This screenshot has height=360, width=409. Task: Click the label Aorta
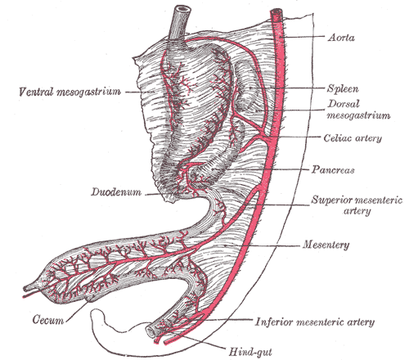(341, 37)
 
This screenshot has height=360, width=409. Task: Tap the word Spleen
(343, 89)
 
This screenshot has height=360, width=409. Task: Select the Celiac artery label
(353, 138)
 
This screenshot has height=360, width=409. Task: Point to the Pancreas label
(333, 169)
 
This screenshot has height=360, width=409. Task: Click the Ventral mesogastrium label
(70, 92)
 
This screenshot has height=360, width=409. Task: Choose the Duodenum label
(116, 191)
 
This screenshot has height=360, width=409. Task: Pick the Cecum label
(48, 319)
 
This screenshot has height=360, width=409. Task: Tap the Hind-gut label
(250, 352)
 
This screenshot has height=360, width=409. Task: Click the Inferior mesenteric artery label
(315, 322)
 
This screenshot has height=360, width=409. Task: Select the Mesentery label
(326, 245)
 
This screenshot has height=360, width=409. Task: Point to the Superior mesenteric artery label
(357, 205)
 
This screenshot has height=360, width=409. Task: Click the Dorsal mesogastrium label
(358, 110)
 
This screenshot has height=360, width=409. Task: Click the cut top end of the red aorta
(276, 12)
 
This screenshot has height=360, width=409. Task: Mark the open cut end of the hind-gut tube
(150, 331)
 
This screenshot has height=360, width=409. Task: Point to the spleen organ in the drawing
(245, 86)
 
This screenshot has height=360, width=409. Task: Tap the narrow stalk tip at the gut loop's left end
(27, 288)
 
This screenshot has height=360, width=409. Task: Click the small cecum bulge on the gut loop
(89, 299)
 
